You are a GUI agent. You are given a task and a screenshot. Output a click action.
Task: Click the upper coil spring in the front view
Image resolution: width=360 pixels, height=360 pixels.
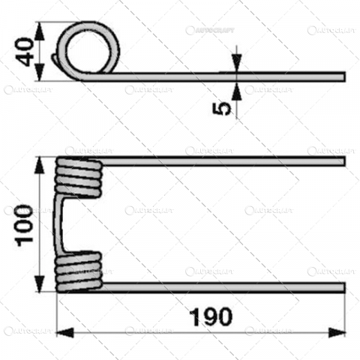pos(78,181)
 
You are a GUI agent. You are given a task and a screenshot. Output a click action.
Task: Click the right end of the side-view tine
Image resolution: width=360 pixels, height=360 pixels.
pos(343,76)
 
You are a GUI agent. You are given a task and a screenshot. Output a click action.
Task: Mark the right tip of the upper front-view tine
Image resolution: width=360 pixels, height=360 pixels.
pos(343,161)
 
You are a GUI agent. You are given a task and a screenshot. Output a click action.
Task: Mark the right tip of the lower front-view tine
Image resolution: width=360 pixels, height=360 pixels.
pos(343,288)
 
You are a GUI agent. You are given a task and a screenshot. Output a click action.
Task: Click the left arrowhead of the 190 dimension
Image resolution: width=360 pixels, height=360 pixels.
pos(61,331)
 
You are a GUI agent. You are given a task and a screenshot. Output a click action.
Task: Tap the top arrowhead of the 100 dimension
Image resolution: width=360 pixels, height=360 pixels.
pos(39,162)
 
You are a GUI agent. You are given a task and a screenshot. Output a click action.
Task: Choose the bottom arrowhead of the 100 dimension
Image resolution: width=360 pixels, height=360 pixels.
pos(39,288)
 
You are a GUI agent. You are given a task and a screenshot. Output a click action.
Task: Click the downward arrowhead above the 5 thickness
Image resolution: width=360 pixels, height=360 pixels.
pos(237,67)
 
